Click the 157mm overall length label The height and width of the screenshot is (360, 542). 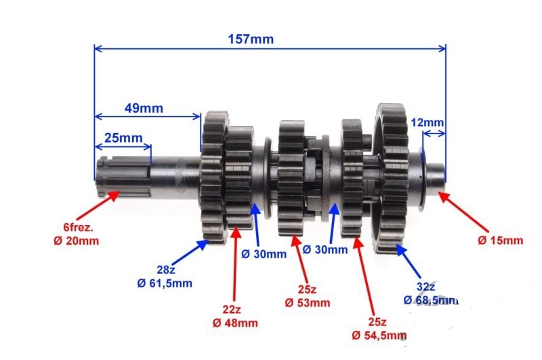251,39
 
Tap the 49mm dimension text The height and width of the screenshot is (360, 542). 144,108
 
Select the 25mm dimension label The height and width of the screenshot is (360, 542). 123,138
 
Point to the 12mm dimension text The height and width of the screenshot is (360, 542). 428,123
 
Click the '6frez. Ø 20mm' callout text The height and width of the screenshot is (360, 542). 76,234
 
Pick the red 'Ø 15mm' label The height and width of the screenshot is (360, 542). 500,241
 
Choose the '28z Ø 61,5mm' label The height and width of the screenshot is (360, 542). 165,277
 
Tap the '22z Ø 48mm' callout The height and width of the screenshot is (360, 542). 235,317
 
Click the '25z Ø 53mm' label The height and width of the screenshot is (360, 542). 308,296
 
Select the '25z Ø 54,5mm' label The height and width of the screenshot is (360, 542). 379,329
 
